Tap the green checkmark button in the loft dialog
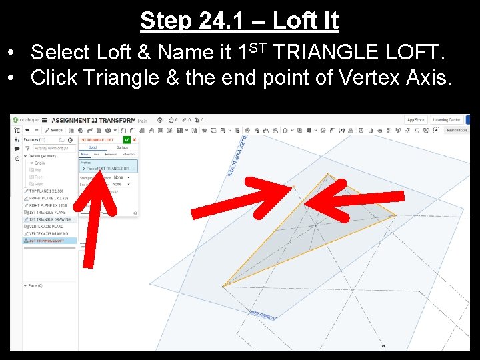click(x=127, y=139)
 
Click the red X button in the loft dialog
click(x=135, y=139)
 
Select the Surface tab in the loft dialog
click(x=123, y=147)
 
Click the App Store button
click(x=415, y=120)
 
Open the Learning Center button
click(x=446, y=120)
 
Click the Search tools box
click(x=457, y=130)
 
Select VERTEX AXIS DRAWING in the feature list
click(x=49, y=233)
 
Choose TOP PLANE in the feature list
click(x=47, y=191)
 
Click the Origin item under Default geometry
click(x=40, y=163)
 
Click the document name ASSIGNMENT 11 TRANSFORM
click(x=93, y=120)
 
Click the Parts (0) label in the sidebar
click(x=34, y=285)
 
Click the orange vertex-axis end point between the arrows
click(x=293, y=187)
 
